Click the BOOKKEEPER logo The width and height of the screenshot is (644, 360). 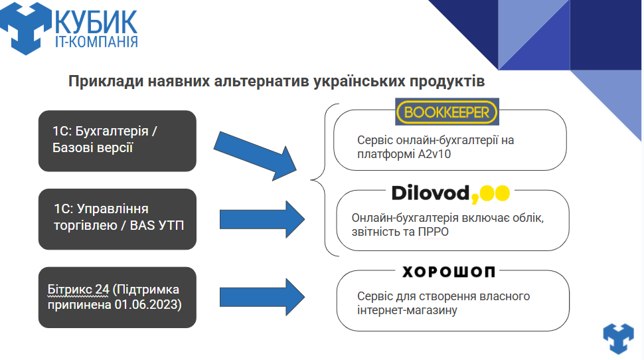[x=446, y=112]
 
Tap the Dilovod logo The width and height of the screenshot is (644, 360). [x=450, y=193]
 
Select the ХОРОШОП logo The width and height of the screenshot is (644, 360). [x=449, y=272]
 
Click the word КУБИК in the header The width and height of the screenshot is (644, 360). [x=97, y=21]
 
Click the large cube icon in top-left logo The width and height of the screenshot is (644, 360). [x=27, y=27]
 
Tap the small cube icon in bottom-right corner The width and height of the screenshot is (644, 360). [x=618, y=337]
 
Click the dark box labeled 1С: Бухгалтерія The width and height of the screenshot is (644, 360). [x=118, y=140]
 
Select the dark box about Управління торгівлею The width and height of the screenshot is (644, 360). [x=118, y=219]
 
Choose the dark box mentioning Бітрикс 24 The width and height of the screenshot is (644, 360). [x=118, y=297]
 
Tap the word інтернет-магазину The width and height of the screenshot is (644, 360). [x=407, y=310]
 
